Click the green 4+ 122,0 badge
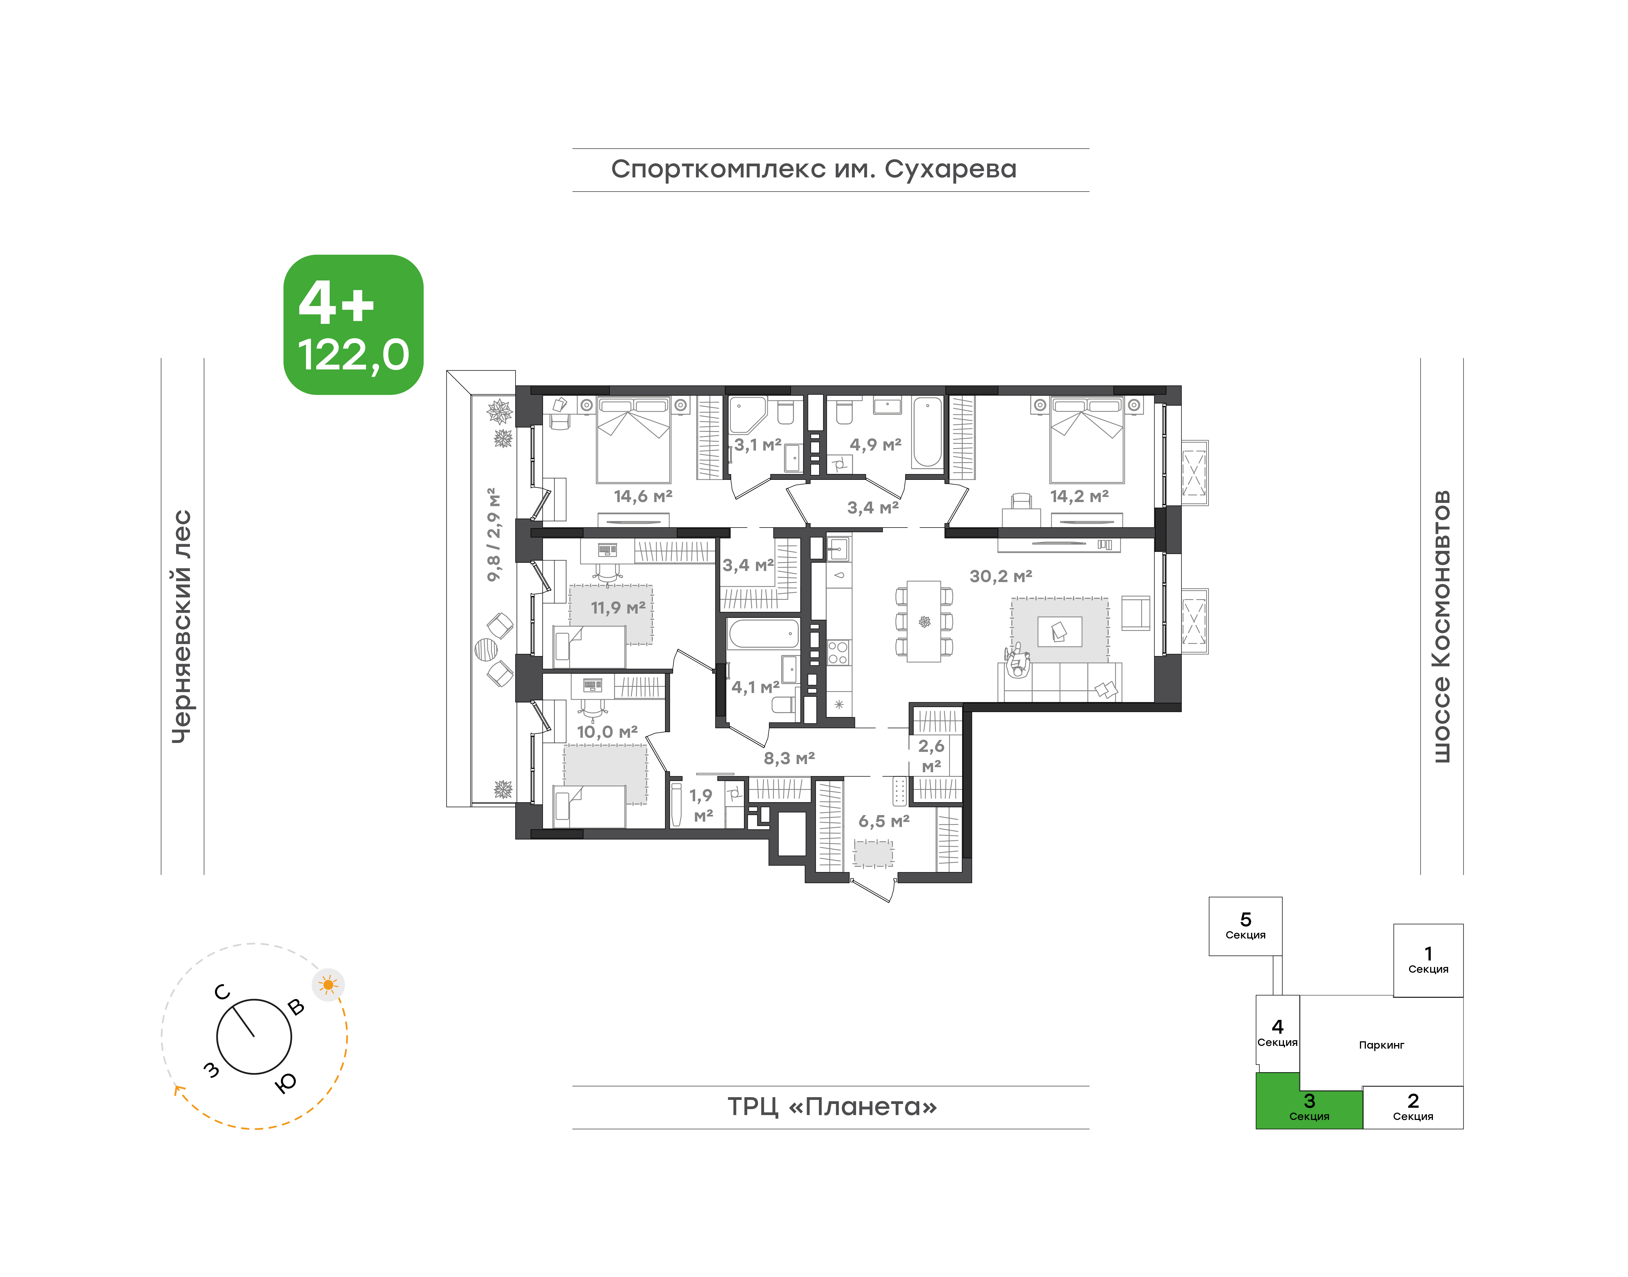354,324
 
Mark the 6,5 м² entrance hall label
884,821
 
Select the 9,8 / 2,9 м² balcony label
494,535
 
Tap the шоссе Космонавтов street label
1441,627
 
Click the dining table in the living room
924,621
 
